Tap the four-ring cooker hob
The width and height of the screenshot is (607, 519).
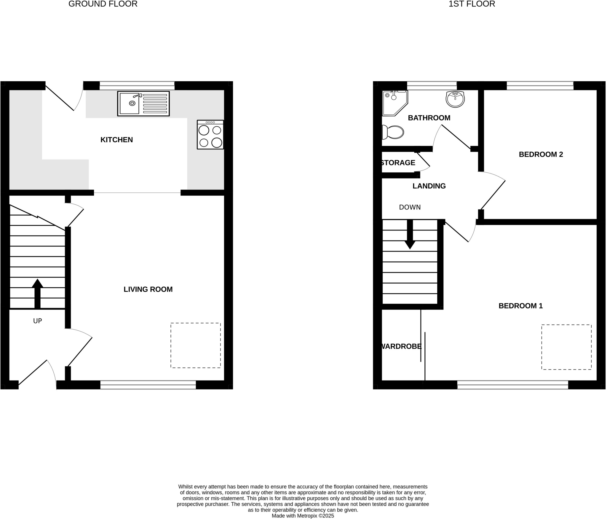[x=210, y=135]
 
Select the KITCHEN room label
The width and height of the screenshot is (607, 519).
[x=116, y=140]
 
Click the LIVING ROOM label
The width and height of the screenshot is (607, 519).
[x=148, y=289]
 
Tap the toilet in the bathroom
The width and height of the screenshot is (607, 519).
[x=393, y=132]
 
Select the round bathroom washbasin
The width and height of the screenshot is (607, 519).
[x=455, y=99]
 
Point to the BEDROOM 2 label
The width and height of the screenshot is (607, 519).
[x=541, y=154]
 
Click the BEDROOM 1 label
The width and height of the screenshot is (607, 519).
[x=520, y=306]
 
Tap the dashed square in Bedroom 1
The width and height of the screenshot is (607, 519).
[x=566, y=347]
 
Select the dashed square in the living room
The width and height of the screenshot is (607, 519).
[x=195, y=345]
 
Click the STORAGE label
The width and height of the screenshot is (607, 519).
[x=398, y=163]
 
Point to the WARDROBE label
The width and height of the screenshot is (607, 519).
[x=401, y=346]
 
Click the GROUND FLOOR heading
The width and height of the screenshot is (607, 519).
[x=103, y=4]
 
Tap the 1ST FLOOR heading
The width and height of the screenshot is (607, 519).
[x=472, y=4]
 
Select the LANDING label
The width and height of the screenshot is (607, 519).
[x=429, y=186]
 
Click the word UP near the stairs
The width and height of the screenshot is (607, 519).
[x=37, y=321]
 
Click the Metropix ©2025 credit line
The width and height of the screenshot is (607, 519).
[x=303, y=516]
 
